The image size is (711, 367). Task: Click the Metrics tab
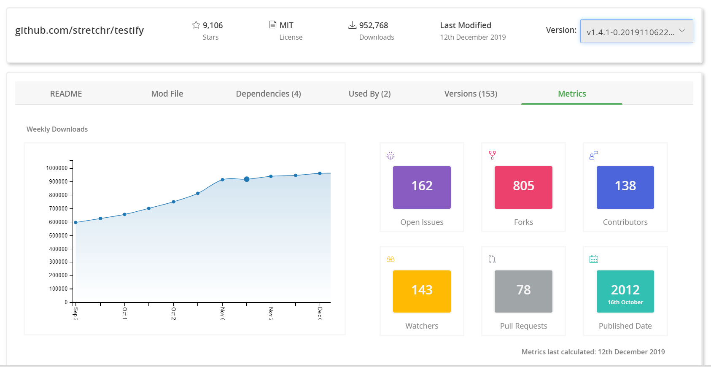(572, 94)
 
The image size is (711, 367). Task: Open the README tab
(66, 94)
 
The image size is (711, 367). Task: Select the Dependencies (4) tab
(268, 94)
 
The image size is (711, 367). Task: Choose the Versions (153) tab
(471, 94)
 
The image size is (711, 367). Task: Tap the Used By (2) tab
(369, 94)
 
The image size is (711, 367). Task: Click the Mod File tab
(167, 94)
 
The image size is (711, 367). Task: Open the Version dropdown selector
(636, 32)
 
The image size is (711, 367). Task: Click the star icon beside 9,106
(196, 25)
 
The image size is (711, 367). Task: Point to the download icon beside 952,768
(352, 25)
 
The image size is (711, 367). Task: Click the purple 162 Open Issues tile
(422, 187)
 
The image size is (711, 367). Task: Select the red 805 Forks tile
(523, 187)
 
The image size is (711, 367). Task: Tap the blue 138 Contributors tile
(625, 187)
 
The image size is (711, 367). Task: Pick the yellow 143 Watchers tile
(422, 291)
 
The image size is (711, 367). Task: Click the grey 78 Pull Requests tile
(523, 291)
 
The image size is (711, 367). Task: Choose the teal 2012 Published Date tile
(625, 291)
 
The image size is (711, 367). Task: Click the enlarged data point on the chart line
(247, 179)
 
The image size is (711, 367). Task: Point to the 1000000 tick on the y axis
(57, 168)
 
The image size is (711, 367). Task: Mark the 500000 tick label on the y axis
(58, 235)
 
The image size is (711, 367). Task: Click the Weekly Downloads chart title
(57, 129)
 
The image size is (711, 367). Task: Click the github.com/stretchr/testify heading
(79, 30)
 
